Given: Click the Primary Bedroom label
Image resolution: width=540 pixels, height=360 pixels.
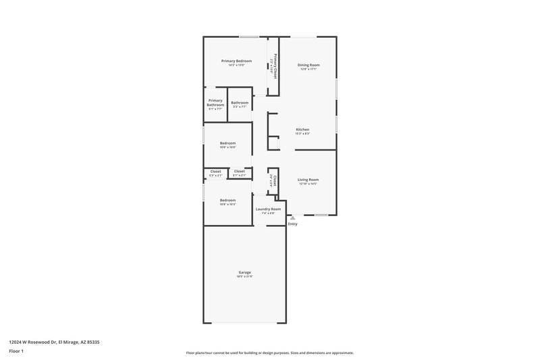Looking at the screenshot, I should click(x=236, y=61).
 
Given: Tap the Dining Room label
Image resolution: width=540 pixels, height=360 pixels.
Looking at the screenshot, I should click(x=308, y=65).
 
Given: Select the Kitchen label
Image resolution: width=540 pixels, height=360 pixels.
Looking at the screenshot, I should click(x=303, y=129).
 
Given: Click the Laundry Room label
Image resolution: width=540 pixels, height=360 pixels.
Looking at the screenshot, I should click(x=268, y=209).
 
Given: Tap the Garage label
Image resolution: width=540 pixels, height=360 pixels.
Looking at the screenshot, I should click(x=244, y=272).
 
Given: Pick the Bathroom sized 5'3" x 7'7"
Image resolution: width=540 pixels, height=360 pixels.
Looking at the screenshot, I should click(x=240, y=103).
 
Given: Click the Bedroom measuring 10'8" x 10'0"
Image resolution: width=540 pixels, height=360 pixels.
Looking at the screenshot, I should click(x=227, y=143).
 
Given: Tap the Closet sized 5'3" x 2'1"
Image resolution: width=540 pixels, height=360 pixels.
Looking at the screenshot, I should click(x=215, y=172).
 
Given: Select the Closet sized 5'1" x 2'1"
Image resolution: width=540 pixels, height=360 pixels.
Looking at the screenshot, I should click(x=240, y=172).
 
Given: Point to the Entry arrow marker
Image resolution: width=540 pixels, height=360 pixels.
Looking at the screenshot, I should click(x=292, y=218).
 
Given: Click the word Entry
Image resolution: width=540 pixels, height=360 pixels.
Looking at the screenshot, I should click(x=292, y=224).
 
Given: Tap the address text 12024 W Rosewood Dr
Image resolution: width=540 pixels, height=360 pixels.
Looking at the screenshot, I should click(x=34, y=342).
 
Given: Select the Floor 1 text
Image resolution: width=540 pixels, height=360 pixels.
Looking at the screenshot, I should click(x=16, y=352).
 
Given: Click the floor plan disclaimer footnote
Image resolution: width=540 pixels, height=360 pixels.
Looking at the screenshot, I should click(x=269, y=353).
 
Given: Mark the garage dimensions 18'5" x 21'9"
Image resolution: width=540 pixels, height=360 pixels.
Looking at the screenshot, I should click(x=244, y=276).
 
